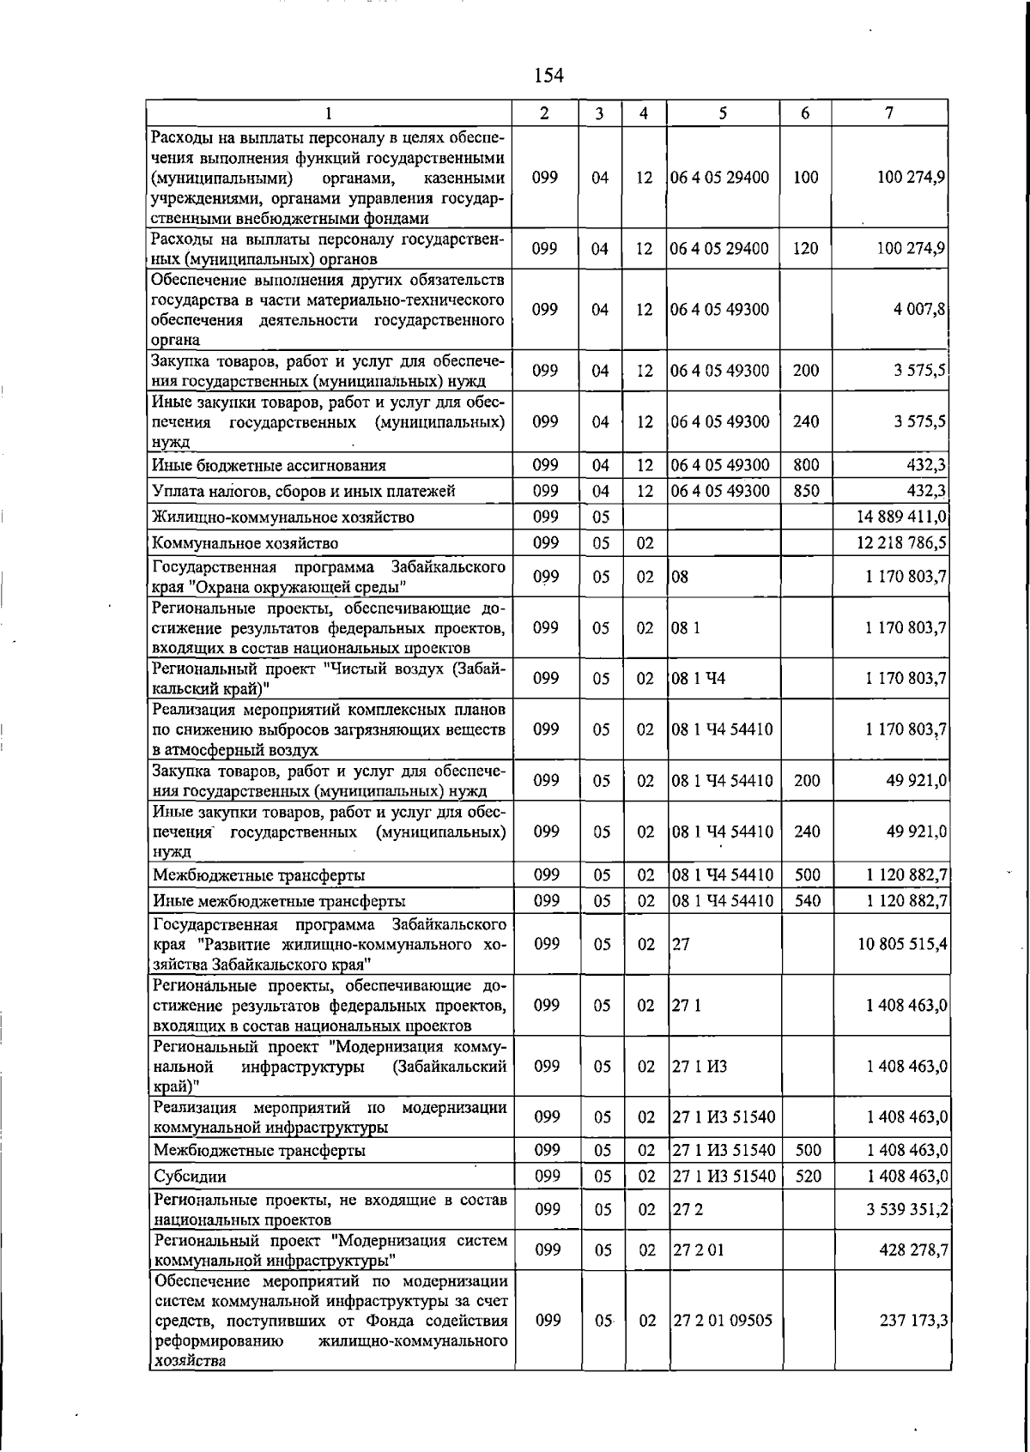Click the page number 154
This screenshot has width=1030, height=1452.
(548, 76)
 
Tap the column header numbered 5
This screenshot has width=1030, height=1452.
(723, 112)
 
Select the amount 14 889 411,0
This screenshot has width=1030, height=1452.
(901, 517)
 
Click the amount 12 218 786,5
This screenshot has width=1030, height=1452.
(901, 543)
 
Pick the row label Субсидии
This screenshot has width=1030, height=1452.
(190, 1177)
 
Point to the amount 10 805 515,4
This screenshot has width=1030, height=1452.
(902, 944)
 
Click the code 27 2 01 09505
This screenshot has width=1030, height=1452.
(723, 1321)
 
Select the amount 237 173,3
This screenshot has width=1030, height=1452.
(913, 1321)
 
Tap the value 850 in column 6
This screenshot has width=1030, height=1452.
(806, 491)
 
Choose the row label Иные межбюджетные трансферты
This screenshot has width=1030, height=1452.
(279, 901)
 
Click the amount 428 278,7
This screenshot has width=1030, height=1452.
(913, 1250)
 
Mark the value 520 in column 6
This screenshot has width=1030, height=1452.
(808, 1177)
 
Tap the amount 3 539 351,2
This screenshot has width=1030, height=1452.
(906, 1210)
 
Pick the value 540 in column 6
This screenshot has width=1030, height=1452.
(807, 901)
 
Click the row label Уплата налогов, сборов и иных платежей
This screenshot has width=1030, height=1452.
(303, 491)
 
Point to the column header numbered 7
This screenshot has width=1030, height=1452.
(890, 112)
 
